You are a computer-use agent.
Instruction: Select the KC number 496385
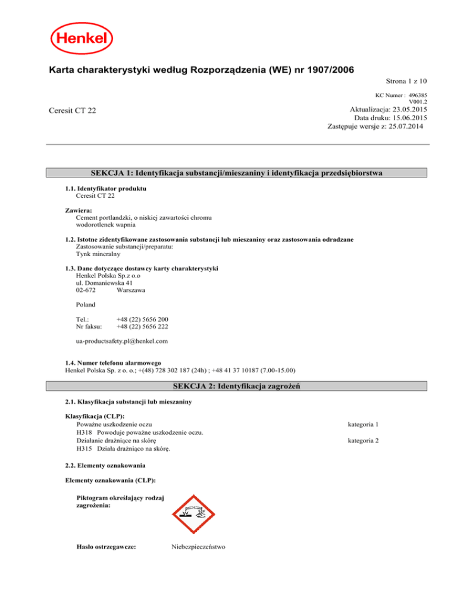pos(418,95)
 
